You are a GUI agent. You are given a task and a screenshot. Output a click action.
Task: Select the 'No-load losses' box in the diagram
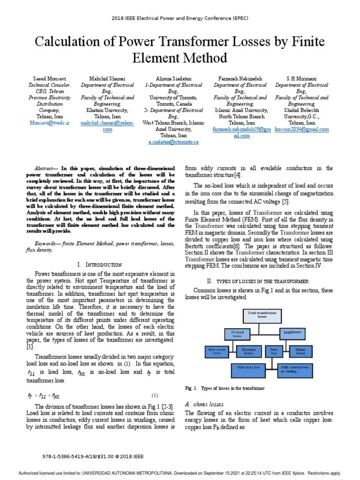[237, 333]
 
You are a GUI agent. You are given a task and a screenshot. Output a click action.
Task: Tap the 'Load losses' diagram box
[292, 332]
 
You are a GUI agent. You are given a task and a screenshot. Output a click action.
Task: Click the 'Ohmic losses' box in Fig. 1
[300, 351]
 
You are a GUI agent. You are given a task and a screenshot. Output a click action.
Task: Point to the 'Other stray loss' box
[248, 369]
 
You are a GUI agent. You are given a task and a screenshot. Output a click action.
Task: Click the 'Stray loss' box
[273, 351]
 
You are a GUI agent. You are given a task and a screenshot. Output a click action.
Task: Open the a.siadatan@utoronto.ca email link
[174, 141]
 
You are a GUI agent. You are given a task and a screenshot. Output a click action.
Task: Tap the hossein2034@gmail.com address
[301, 129]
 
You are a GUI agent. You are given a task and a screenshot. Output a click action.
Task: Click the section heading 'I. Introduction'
[99, 265]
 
